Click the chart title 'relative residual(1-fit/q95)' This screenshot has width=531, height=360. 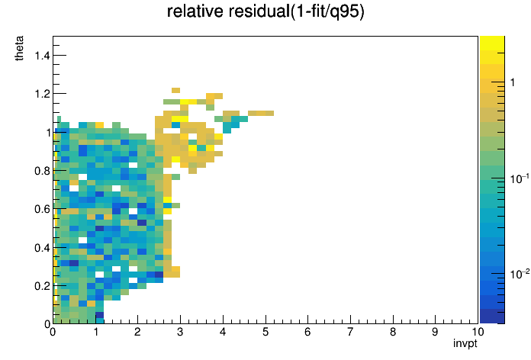(265, 11)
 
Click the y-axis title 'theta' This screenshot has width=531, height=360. (19, 48)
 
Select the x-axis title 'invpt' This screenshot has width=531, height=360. (465, 343)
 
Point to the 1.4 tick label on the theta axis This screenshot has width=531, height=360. (42, 55)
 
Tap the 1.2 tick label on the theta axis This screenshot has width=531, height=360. (42, 94)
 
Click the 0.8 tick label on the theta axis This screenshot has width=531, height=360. (42, 171)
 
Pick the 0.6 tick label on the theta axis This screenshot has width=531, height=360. (42, 209)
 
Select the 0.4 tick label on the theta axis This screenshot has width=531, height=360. (42, 248)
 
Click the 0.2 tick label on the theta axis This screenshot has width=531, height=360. (42, 286)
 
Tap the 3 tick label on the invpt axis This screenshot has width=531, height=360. (180, 332)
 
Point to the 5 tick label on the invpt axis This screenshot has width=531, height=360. (265, 332)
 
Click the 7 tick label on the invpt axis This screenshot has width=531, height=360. (350, 332)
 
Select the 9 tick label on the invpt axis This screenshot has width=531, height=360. (435, 332)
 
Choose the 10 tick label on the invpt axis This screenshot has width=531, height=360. (478, 332)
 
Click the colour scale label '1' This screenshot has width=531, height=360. (513, 82)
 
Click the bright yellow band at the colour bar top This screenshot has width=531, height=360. (492, 43)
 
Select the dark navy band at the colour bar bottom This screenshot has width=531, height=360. (492, 317)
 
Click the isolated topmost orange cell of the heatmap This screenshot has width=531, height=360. (175, 90)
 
